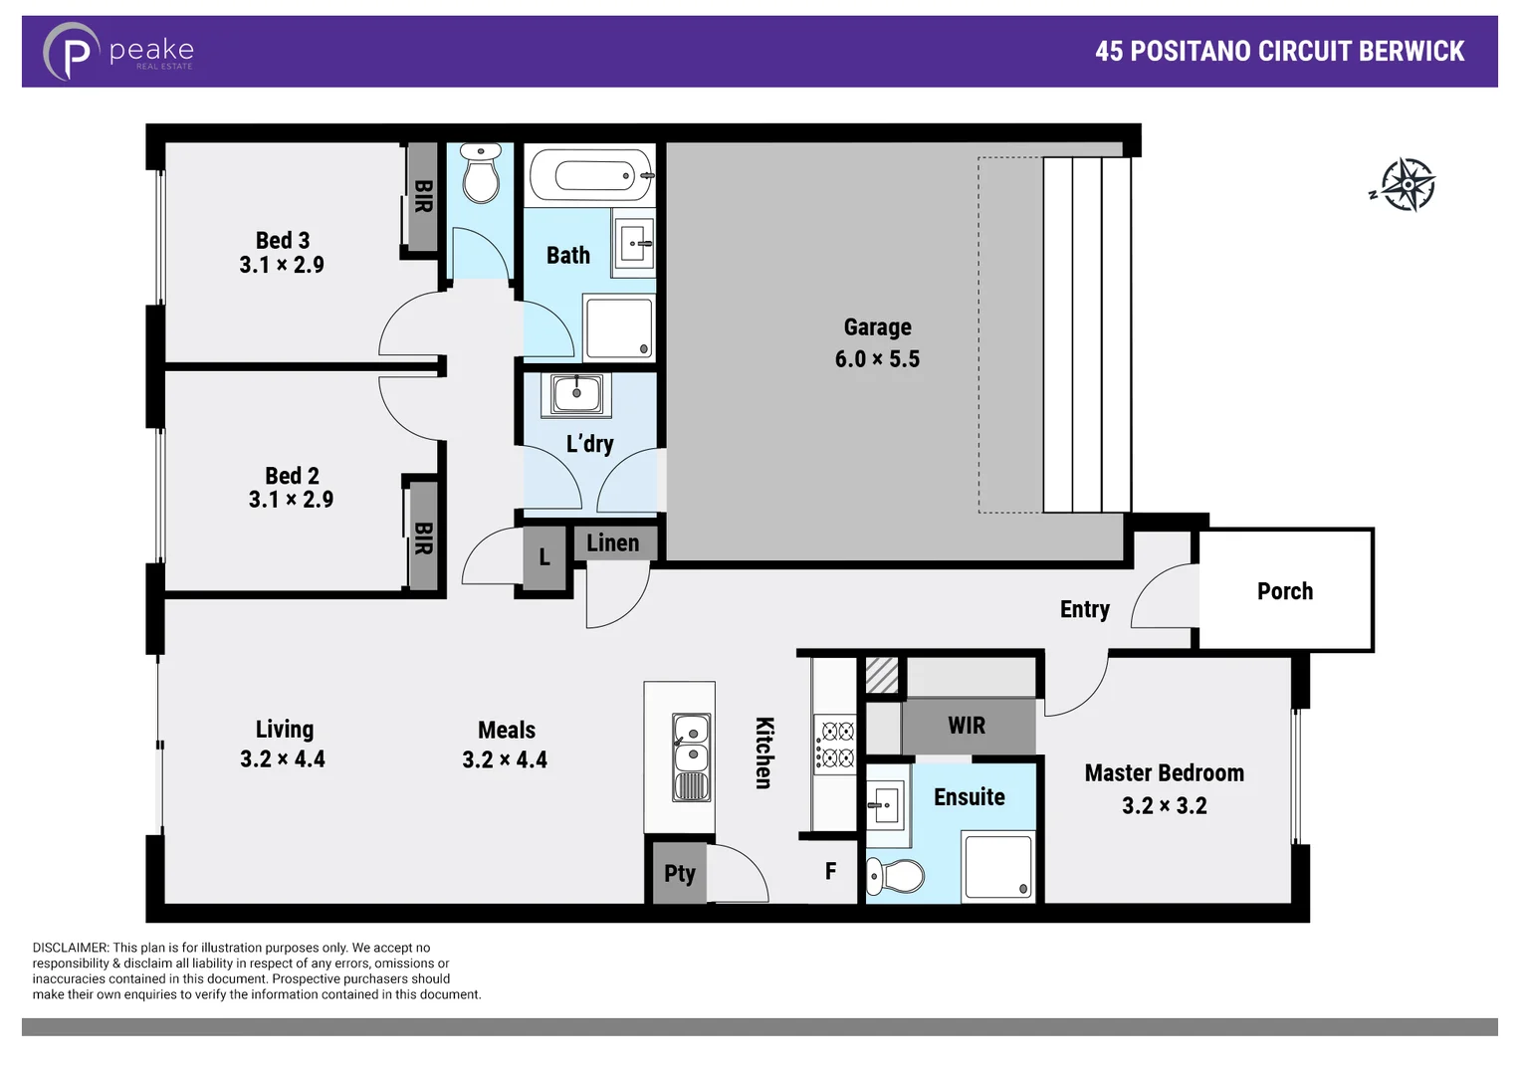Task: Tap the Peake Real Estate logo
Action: coord(118,52)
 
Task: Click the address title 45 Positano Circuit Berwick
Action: coord(1279,52)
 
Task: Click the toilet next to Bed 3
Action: coord(481,175)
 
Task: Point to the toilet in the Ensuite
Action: coord(896,876)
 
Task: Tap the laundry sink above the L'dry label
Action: coord(576,394)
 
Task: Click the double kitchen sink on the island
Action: coord(692,757)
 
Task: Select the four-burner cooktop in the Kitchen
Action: coord(835,745)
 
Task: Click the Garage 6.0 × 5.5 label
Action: coord(877,343)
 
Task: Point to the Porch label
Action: coord(1284,591)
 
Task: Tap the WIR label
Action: coord(967,726)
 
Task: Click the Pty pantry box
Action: coord(679,873)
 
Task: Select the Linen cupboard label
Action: coord(613,543)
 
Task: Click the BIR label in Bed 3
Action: coord(423,197)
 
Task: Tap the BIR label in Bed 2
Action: coord(423,537)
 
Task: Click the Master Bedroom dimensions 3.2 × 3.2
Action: coord(1164,805)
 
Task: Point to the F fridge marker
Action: coord(830,872)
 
